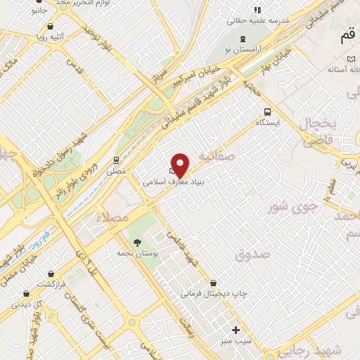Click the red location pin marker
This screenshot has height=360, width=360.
point(181,165)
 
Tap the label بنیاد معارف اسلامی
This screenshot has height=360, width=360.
point(169,181)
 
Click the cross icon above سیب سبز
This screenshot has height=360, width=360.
point(236,330)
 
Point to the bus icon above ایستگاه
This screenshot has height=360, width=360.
point(267,111)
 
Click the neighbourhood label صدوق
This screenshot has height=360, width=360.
point(252,255)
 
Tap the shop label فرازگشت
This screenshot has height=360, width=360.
point(51,283)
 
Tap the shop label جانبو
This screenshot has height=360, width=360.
point(46,11)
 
